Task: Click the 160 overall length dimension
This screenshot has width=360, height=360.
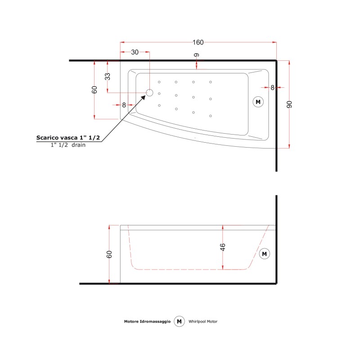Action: (x=198, y=42)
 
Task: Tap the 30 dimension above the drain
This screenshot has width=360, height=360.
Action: (x=135, y=52)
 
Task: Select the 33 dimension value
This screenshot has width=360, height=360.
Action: (x=108, y=76)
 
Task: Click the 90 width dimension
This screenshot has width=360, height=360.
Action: (x=289, y=104)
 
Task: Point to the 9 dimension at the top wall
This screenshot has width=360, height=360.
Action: (x=197, y=55)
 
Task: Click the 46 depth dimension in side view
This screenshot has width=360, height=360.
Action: (x=222, y=247)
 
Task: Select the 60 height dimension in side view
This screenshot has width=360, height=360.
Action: (x=109, y=254)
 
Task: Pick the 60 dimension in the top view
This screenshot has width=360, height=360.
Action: (x=94, y=90)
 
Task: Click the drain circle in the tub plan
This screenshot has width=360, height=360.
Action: (x=149, y=93)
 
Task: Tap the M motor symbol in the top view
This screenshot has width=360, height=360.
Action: (x=258, y=102)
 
